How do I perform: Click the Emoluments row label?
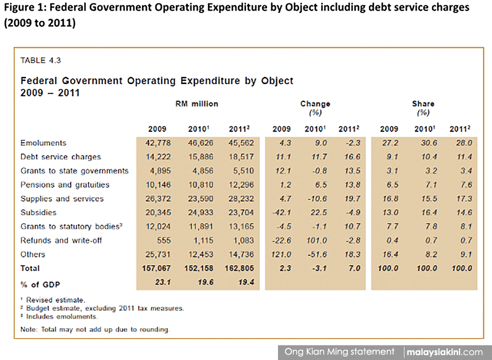click(x=43, y=143)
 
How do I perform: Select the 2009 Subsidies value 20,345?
click(x=158, y=212)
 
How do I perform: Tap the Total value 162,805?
click(x=240, y=269)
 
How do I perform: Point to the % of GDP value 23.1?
click(x=163, y=282)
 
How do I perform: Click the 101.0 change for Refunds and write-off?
click(x=316, y=240)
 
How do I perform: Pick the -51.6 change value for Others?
click(x=317, y=254)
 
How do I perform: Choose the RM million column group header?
click(x=197, y=104)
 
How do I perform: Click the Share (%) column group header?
click(x=423, y=108)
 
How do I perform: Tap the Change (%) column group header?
click(x=315, y=108)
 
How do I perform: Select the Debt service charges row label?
click(x=61, y=157)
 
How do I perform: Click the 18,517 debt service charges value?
click(x=241, y=157)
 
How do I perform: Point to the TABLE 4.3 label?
click(x=40, y=60)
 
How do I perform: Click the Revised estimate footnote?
click(x=53, y=300)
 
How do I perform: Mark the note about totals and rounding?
click(x=95, y=330)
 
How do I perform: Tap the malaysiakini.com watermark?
click(x=445, y=352)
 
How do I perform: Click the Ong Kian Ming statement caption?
click(x=339, y=352)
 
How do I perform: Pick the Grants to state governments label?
click(x=74, y=171)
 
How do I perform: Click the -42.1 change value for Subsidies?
click(x=282, y=212)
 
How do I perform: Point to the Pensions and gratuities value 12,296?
click(x=241, y=185)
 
